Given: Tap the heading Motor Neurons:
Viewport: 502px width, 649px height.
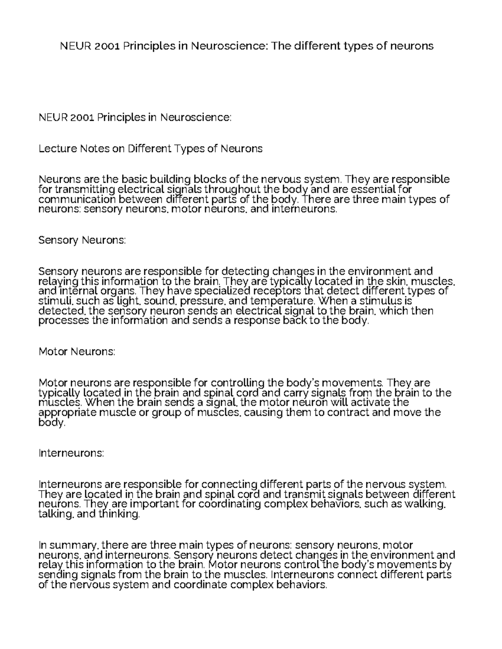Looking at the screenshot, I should click(77, 351).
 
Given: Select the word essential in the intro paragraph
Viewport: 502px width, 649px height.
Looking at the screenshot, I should click(371, 189).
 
